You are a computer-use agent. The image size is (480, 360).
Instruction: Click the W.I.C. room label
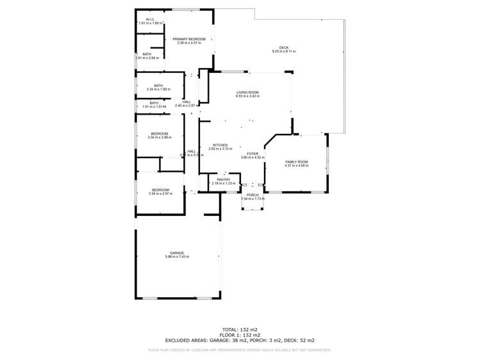pyautogui.click(x=150, y=19)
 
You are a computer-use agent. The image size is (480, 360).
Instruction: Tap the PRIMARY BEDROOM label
pyautogui.click(x=189, y=39)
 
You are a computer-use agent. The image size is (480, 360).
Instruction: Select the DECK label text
pyautogui.click(x=284, y=47)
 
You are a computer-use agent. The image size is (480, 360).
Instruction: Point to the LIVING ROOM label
pyautogui.click(x=247, y=92)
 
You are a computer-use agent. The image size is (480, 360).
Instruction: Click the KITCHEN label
pyautogui.click(x=220, y=145)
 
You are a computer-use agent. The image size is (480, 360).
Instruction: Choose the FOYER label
pyautogui.click(x=252, y=154)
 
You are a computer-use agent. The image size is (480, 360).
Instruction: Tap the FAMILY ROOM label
pyautogui.click(x=297, y=161)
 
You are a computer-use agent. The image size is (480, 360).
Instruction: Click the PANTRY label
pyautogui.click(x=223, y=179)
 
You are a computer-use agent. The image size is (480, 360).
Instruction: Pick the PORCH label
pyautogui.click(x=252, y=195)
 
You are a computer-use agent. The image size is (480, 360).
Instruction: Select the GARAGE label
pyautogui.click(x=177, y=252)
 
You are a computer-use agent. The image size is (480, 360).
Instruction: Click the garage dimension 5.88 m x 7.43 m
pyautogui.click(x=177, y=257)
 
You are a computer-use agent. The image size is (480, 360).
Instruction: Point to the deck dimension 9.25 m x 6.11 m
pyautogui.click(x=284, y=51)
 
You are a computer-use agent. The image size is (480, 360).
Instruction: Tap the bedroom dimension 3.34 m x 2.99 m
pyautogui.click(x=160, y=138)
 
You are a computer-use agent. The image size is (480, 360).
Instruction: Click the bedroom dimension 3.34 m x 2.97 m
pyautogui.click(x=160, y=193)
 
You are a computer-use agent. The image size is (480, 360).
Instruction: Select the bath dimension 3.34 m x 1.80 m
pyautogui.click(x=158, y=89)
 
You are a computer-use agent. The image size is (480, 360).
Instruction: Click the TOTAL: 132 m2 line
pyautogui.click(x=240, y=327)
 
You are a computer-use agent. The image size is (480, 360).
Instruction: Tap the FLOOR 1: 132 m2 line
pyautogui.click(x=240, y=334)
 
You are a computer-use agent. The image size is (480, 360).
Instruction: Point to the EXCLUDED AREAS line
pyautogui.click(x=240, y=340)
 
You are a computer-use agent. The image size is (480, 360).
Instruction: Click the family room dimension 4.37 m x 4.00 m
pyautogui.click(x=297, y=166)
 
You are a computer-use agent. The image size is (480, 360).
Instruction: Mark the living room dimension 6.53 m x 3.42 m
pyautogui.click(x=247, y=97)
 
